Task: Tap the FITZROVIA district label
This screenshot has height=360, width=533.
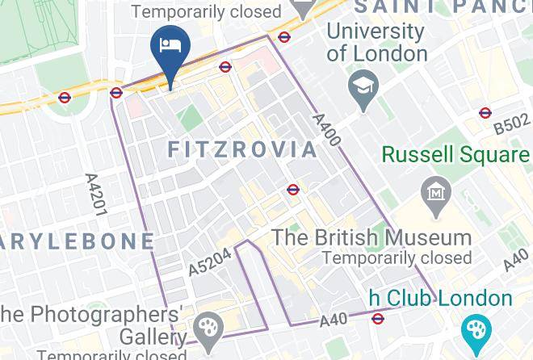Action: [x=243, y=149]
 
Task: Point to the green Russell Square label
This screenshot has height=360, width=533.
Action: [x=456, y=153]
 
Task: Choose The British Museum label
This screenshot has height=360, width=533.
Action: [x=371, y=238]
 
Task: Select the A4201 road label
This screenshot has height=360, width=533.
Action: [x=95, y=194]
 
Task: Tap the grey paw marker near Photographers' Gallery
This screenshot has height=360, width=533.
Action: [x=209, y=327]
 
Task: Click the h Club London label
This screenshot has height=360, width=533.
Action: [x=441, y=298]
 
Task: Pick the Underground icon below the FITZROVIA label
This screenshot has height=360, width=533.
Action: [x=293, y=190]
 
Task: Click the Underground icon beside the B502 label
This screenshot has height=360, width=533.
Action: [x=485, y=113]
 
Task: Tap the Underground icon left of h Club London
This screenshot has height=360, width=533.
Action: [x=377, y=317]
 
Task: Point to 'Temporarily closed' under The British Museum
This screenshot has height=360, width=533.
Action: [x=397, y=258]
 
